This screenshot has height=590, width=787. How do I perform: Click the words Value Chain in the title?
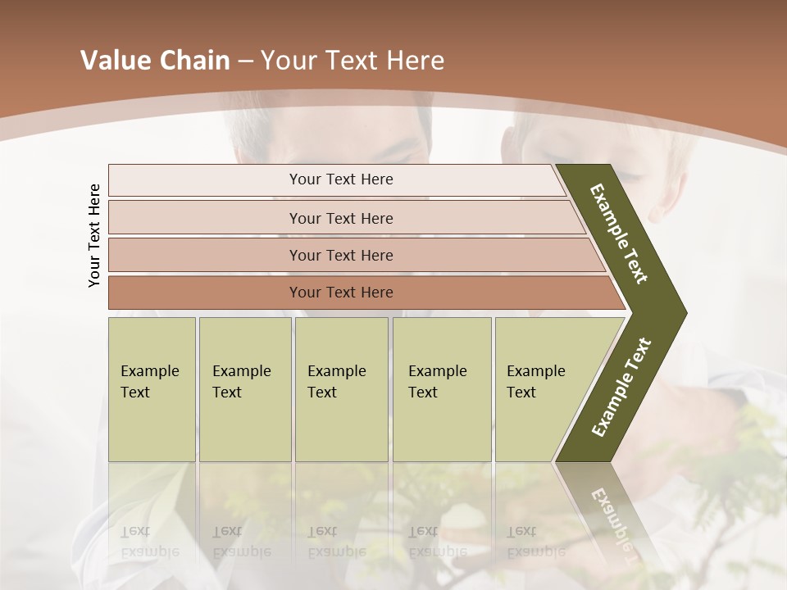coord(155,61)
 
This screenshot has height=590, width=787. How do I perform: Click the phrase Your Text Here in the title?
coord(353,61)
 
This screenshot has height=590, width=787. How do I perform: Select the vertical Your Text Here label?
coord(94,235)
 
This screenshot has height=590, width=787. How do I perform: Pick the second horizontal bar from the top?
coord(341,218)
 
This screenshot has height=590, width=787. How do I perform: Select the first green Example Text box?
coord(152,389)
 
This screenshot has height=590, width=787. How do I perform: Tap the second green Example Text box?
coord(244,389)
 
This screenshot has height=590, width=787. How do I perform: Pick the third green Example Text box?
coord(340,389)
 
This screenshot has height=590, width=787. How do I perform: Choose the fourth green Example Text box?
coord(441,389)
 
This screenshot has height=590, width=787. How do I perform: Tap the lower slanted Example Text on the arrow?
coord(621,387)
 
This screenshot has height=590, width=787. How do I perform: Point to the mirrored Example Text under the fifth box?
coord(535,542)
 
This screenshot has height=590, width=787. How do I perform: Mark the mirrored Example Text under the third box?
coord(335,542)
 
